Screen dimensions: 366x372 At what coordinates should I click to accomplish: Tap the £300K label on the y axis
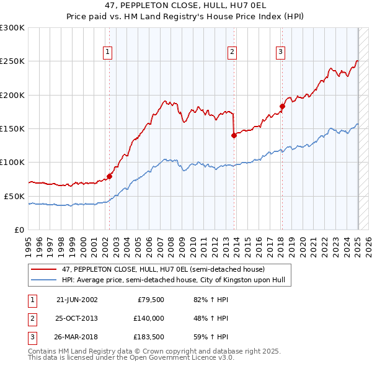[12, 28]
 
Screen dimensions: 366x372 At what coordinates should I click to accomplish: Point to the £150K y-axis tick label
[12, 128]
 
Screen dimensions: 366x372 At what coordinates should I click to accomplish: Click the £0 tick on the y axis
[20, 230]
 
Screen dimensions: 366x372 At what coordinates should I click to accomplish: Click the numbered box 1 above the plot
[108, 52]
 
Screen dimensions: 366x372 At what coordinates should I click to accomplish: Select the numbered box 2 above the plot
[232, 52]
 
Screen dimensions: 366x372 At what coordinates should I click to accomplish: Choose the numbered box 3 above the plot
[280, 52]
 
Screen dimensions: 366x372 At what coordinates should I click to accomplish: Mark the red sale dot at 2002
[110, 176]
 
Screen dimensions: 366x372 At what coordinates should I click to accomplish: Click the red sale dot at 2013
[234, 135]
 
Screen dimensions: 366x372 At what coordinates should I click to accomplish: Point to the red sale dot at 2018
[282, 106]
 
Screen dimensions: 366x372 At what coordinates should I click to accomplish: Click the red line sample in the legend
[44, 269]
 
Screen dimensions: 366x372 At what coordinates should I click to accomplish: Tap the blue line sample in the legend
[44, 280]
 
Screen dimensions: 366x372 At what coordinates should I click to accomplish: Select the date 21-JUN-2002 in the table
[77, 299]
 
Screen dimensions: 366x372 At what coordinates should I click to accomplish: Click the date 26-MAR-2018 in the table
[77, 337]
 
